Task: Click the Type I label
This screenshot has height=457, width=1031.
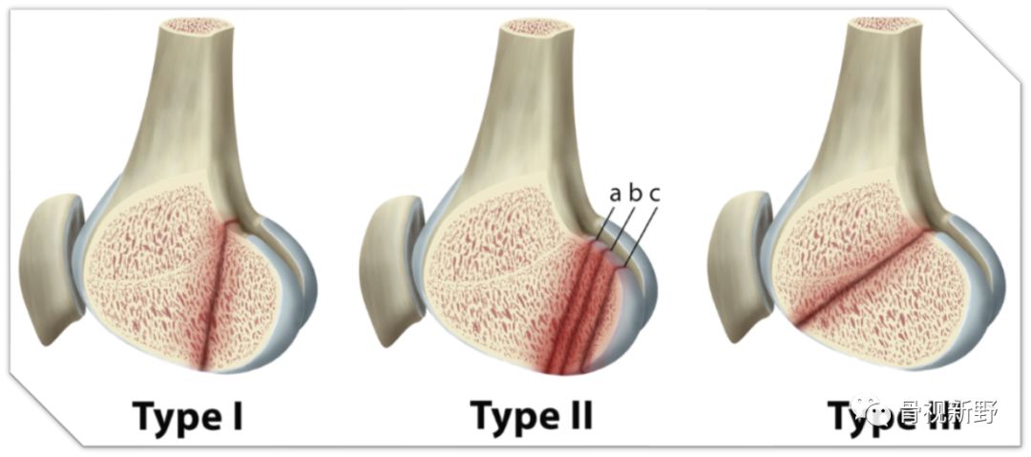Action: point(188,416)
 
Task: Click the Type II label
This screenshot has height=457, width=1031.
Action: point(532,416)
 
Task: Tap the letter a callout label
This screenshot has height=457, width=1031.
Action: point(616,194)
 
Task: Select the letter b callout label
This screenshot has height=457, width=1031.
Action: point(635,194)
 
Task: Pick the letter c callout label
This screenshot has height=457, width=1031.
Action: point(655,194)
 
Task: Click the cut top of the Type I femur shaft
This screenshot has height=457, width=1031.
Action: point(194,27)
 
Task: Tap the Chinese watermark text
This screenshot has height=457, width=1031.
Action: point(949,412)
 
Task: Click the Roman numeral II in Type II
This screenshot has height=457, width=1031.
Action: point(577,416)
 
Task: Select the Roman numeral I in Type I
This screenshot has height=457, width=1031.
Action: point(238,416)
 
